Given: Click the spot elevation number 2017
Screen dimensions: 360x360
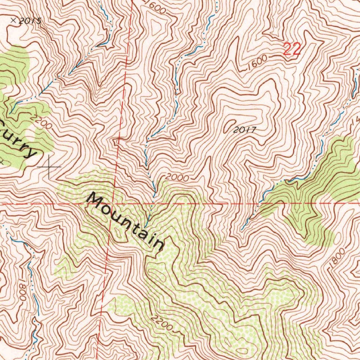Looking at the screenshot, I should [244, 130].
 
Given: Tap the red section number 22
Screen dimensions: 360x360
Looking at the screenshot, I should [292, 49].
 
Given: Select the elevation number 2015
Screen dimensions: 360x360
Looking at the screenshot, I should [30, 21].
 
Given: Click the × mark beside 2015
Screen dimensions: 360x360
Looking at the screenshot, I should [14, 20].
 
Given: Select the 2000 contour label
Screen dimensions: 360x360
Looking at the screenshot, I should [177, 178].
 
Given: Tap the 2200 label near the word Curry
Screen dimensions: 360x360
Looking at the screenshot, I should [41, 121].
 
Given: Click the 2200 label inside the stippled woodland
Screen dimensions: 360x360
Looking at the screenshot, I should [162, 323].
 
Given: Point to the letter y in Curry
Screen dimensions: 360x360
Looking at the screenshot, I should [31, 152].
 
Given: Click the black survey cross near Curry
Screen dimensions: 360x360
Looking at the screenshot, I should [49, 166].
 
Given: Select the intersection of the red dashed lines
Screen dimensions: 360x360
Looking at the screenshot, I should [115, 204].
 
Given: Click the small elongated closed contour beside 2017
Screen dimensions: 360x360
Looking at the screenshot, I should [230, 124].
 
